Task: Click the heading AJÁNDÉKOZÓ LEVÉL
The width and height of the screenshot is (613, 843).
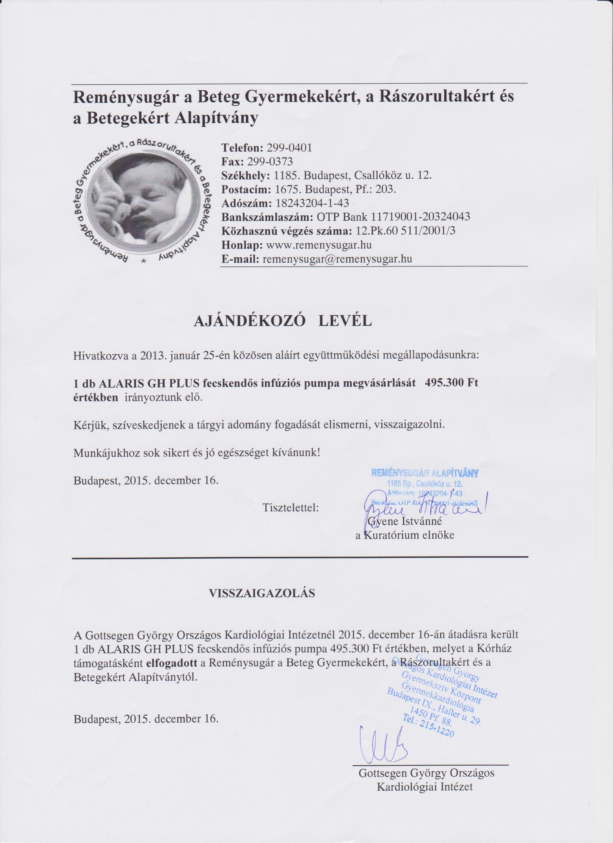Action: coord(282,321)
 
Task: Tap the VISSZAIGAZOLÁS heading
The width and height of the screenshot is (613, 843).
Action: coord(262,593)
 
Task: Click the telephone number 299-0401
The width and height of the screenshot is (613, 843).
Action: coord(290,148)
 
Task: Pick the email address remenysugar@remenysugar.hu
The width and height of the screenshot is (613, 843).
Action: coord(337,259)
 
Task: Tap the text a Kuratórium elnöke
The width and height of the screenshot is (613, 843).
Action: coord(405,535)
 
